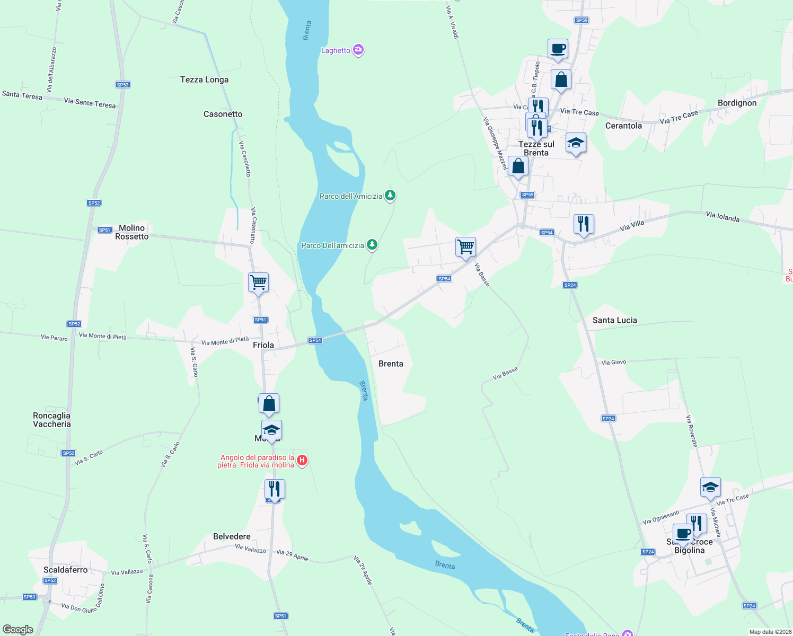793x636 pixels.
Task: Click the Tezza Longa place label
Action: click(x=204, y=80)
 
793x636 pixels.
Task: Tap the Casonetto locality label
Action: click(x=223, y=114)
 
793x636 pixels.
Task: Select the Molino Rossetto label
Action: click(x=132, y=232)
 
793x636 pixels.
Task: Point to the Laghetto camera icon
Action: click(x=359, y=50)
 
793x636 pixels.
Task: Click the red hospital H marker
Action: click(x=302, y=460)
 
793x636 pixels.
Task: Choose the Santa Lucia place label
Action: click(x=614, y=320)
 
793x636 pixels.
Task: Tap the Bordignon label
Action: click(x=737, y=103)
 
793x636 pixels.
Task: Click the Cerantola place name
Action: click(x=623, y=126)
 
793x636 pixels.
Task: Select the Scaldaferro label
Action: click(x=65, y=570)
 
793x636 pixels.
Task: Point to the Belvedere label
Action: click(x=232, y=536)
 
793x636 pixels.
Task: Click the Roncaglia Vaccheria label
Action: click(x=51, y=420)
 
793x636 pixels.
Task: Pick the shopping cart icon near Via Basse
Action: click(x=465, y=246)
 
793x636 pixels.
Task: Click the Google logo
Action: click(x=17, y=630)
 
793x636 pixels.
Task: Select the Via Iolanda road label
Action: click(x=722, y=216)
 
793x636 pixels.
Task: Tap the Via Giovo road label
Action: click(x=614, y=363)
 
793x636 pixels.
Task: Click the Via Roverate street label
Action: click(x=692, y=430)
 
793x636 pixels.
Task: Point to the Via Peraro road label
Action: click(x=54, y=337)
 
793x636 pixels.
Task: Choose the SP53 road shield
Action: click(x=30, y=597)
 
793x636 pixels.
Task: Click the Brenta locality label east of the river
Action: click(x=391, y=364)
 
